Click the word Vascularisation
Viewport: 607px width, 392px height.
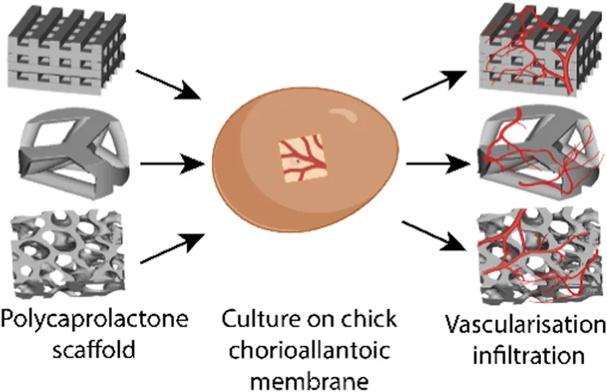525,326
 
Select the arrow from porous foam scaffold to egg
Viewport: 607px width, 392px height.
172,247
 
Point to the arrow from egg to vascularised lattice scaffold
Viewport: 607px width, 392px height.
434,84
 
